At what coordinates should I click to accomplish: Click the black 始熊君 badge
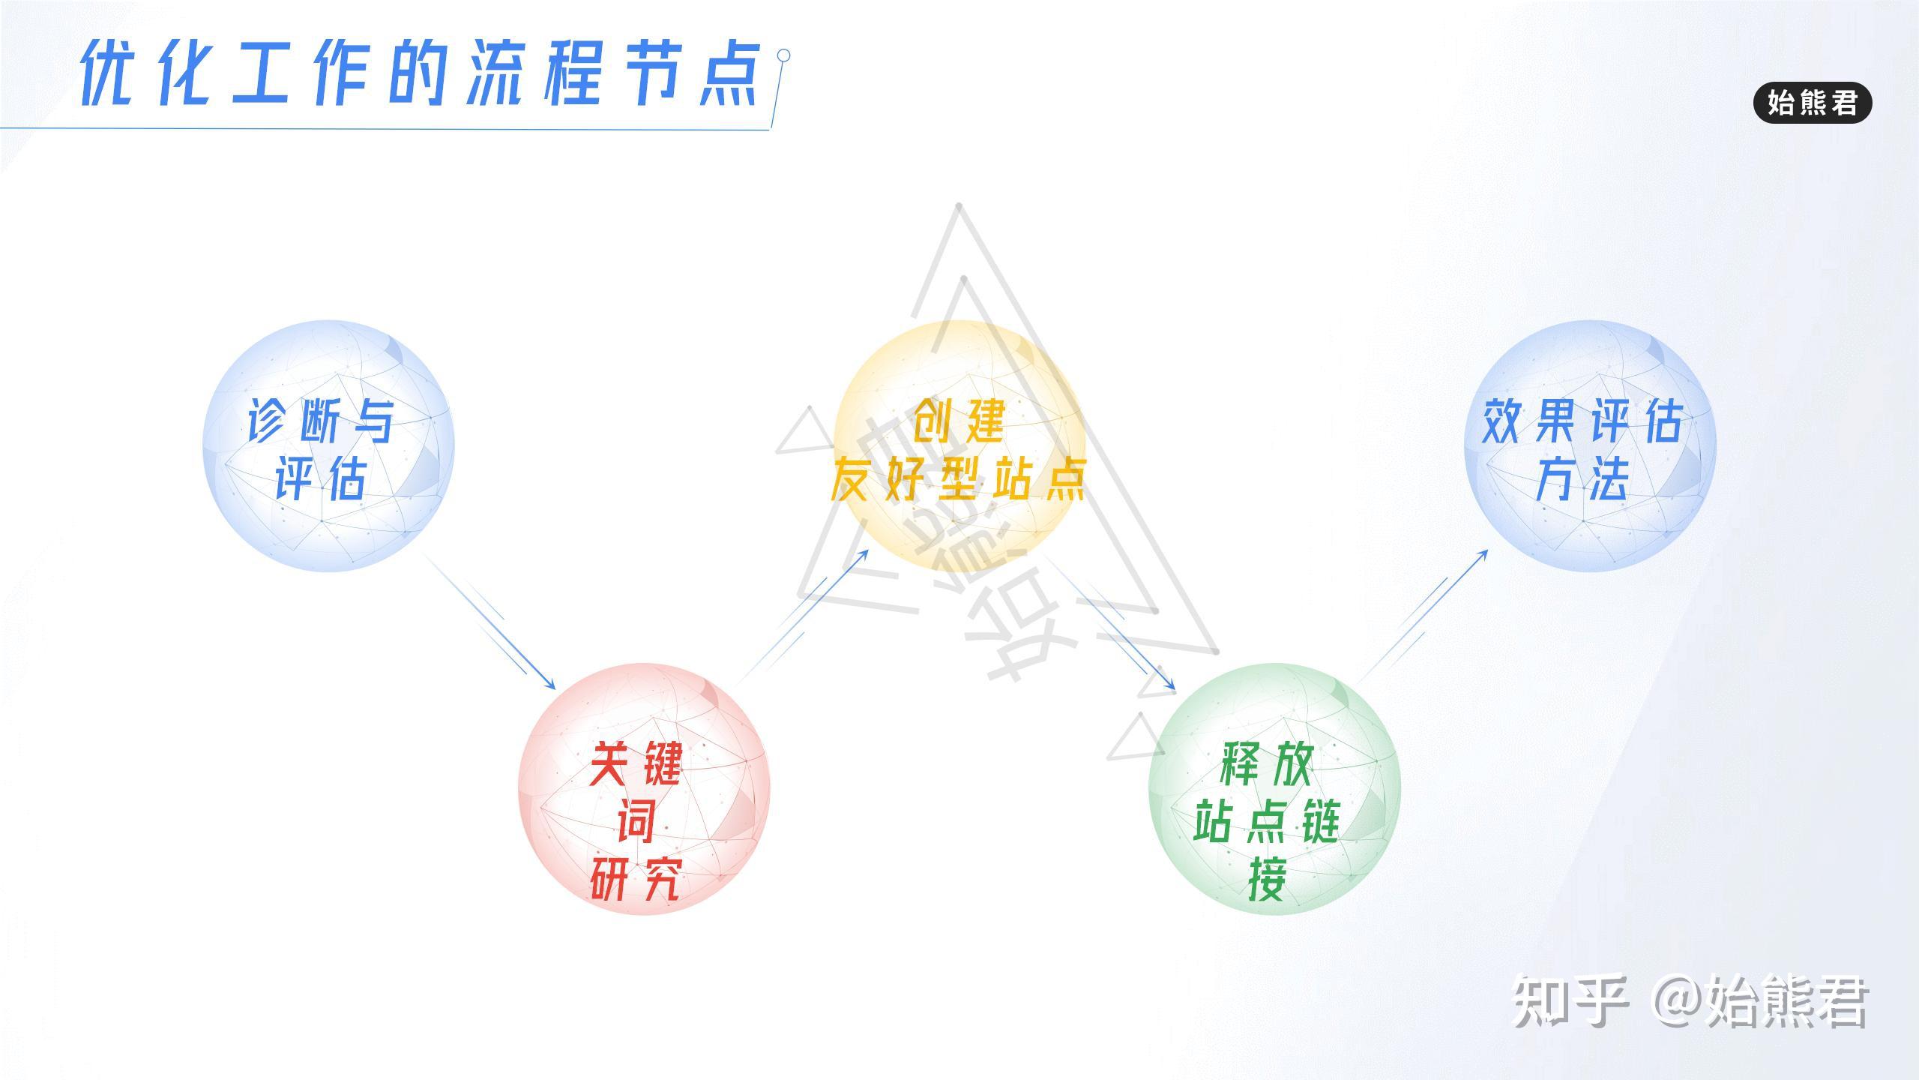point(1813,103)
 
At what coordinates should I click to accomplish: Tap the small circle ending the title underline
point(783,55)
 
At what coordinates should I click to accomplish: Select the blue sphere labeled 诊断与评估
point(328,445)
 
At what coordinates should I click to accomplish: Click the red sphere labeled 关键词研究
point(644,788)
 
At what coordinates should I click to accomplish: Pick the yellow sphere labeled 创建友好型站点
point(959,445)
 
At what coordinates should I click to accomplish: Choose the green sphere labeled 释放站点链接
point(1274,788)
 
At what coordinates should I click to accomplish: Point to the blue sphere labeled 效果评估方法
point(1590,445)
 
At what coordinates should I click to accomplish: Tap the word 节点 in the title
point(691,73)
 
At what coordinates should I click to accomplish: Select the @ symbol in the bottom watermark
point(1678,1000)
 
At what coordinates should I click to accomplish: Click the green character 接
point(1267,878)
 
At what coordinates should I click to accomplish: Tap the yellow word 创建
point(959,421)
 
